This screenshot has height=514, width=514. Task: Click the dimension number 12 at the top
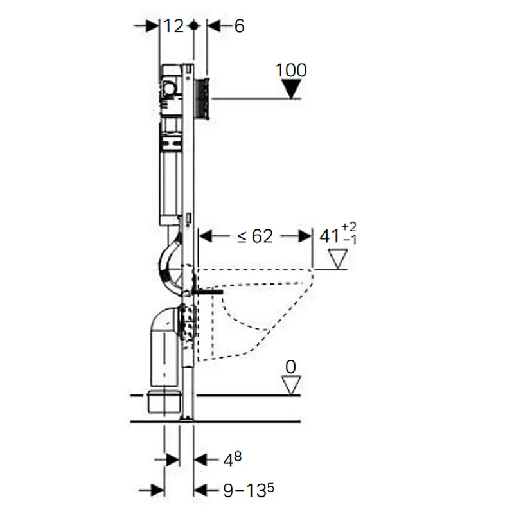coord(173,26)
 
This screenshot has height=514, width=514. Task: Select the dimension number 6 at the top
coord(239,26)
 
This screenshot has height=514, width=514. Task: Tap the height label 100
coord(291,70)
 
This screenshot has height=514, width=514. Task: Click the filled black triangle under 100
coord(291,89)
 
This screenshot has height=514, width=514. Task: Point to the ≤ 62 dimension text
coord(254,236)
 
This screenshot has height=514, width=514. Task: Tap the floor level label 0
coord(291,367)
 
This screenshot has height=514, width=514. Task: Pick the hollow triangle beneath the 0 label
coord(291,385)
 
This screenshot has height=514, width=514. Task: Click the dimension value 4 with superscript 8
coord(233,459)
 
